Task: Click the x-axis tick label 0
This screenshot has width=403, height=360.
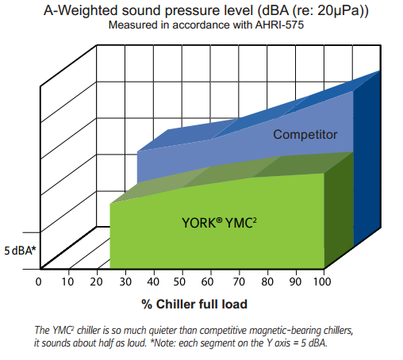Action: (39, 281)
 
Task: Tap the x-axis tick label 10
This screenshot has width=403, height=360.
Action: (67, 281)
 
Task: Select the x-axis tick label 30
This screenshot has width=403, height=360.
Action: (125, 281)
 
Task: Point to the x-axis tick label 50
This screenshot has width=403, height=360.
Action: (179, 281)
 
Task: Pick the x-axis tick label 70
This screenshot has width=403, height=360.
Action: (239, 281)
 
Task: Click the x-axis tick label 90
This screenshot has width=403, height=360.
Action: (295, 281)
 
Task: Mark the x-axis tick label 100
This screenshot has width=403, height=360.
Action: (322, 281)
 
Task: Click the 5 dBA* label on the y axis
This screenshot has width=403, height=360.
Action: (20, 251)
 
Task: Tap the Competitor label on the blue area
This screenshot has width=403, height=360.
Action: (305, 135)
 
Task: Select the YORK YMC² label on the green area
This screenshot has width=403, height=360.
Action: (219, 223)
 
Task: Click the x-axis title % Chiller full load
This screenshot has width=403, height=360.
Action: (194, 304)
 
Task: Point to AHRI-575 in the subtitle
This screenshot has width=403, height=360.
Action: (279, 25)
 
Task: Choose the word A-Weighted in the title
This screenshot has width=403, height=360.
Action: (80, 11)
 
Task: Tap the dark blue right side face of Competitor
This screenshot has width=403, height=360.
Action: (367, 159)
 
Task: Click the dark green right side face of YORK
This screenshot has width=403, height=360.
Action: (339, 210)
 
